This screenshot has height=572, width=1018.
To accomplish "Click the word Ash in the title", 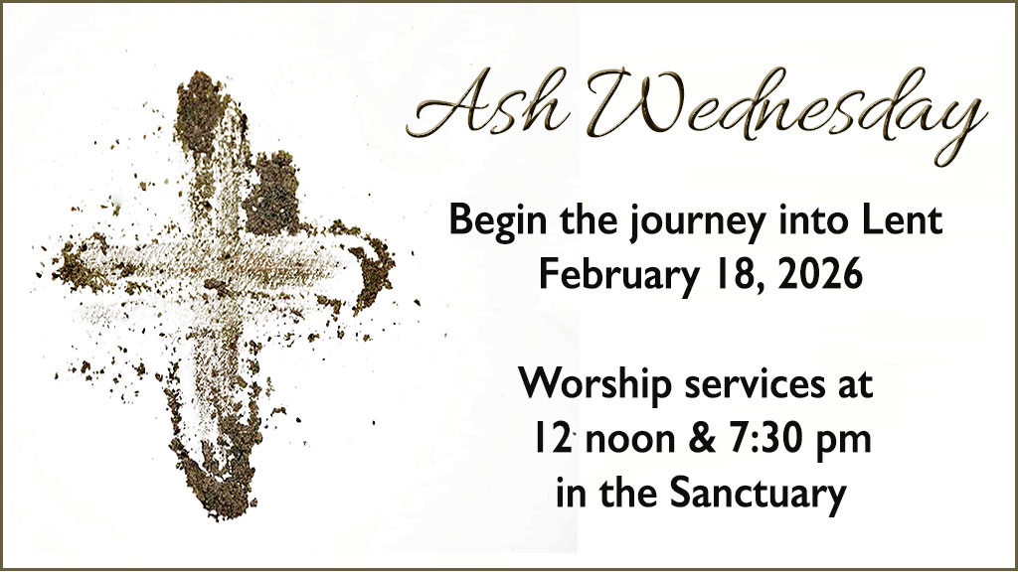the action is [x=488, y=105].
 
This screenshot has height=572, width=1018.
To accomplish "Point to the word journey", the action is [x=697, y=222].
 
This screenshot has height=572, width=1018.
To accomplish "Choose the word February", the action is [x=616, y=276].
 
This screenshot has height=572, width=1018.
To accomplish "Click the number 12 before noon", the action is [x=552, y=438].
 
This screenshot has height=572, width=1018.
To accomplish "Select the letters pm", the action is [x=841, y=443].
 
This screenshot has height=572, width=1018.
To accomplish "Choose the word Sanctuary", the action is [x=758, y=495].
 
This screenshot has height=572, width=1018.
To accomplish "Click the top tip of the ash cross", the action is [x=201, y=74].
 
